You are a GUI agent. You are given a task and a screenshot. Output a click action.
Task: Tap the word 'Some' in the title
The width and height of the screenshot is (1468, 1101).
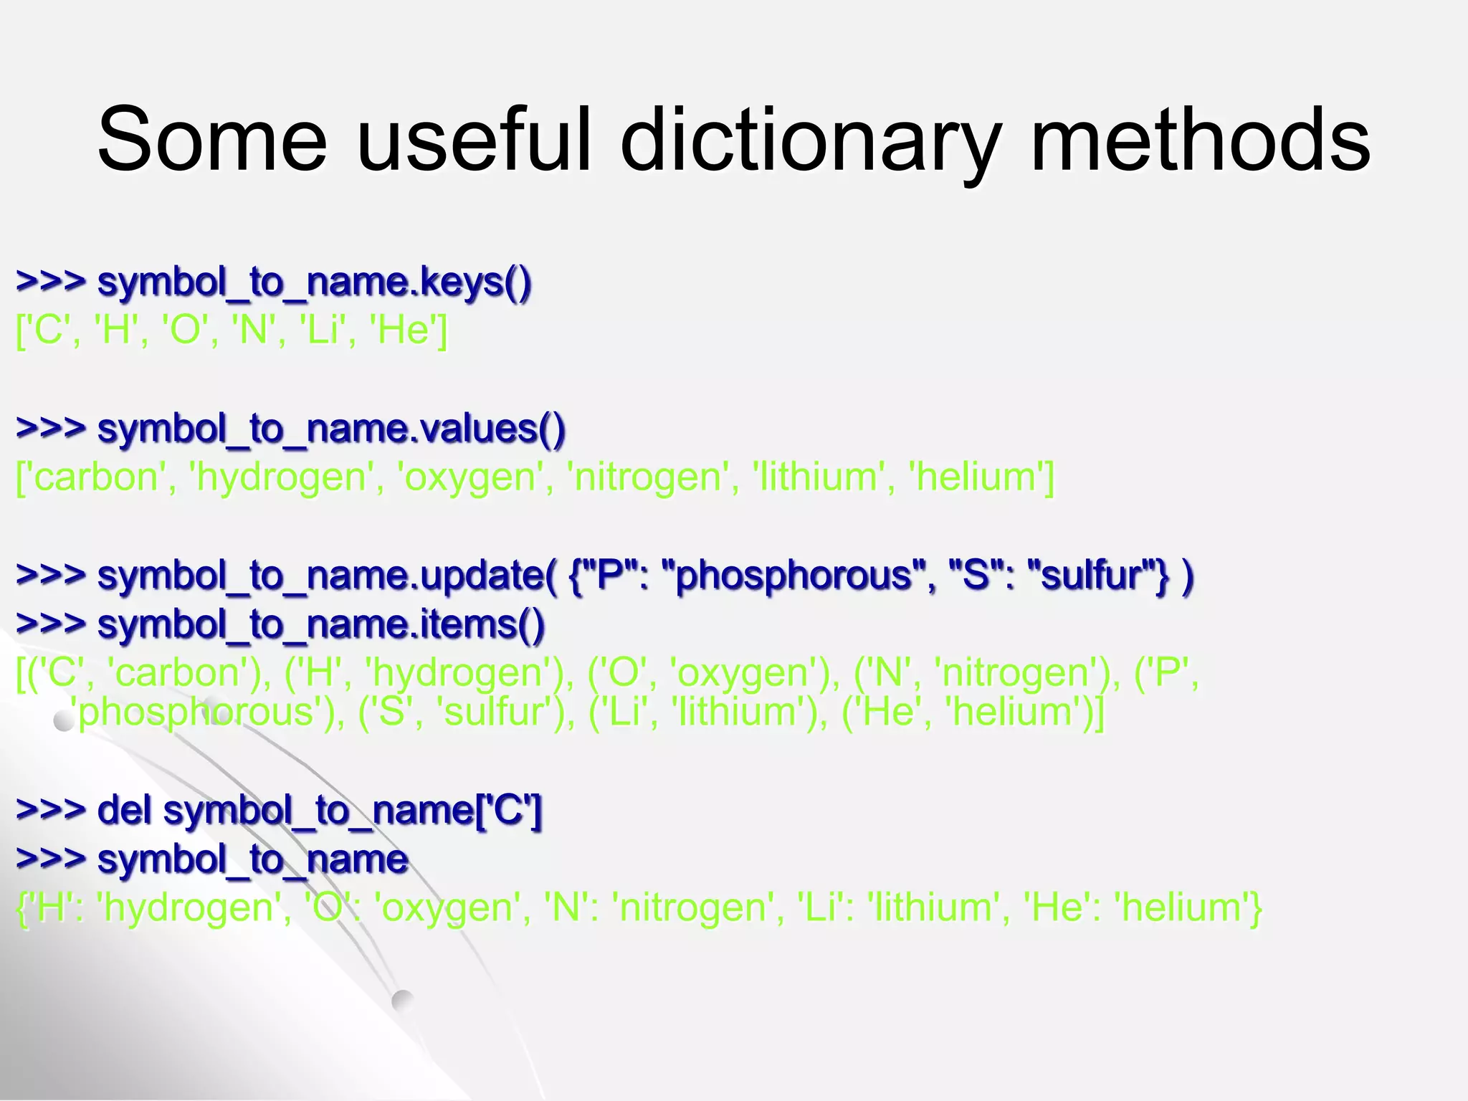(x=212, y=140)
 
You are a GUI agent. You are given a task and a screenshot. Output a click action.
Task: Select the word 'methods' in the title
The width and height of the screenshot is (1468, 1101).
(x=1200, y=140)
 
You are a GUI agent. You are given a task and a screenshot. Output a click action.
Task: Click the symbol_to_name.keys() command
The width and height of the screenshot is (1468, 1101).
(x=314, y=282)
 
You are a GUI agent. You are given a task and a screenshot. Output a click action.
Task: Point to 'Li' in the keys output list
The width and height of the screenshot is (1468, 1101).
(x=320, y=330)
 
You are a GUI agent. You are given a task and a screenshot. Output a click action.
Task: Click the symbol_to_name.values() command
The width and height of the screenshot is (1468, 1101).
(x=331, y=429)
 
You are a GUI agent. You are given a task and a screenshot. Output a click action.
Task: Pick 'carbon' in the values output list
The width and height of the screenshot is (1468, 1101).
(x=97, y=477)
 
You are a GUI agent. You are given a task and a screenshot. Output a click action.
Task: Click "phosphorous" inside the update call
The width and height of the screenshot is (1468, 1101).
(x=793, y=576)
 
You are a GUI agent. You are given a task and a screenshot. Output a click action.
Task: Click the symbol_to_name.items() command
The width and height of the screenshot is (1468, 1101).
(x=320, y=624)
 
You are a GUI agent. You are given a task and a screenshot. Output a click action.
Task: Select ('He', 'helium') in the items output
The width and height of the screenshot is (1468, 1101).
(x=972, y=712)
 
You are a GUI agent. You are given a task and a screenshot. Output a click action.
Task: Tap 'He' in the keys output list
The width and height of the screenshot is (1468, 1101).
(x=404, y=330)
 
